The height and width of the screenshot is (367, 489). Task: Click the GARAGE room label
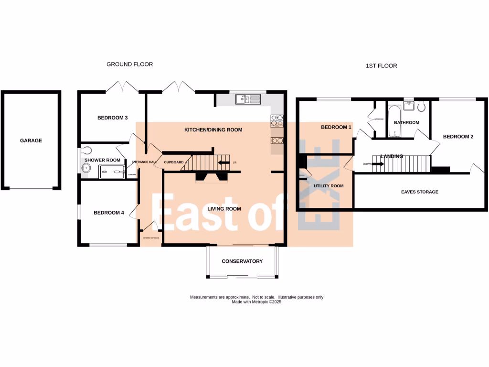[31, 140]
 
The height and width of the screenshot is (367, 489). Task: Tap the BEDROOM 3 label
[112, 118]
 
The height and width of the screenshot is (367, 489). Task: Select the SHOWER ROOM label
[102, 160]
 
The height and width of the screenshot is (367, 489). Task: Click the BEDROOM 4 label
[108, 213]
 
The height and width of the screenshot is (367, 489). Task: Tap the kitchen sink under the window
[248, 99]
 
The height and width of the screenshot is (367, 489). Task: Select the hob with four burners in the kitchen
[277, 120]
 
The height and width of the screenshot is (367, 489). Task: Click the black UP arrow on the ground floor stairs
[223, 162]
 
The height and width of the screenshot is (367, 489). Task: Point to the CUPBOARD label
[174, 162]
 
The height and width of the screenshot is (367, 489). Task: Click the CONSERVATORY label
[242, 261]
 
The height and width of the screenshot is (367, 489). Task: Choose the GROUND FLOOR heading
[129, 64]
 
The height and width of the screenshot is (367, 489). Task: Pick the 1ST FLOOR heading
[378, 65]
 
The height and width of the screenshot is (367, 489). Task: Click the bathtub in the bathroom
[394, 122]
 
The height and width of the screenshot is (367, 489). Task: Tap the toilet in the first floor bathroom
[420, 106]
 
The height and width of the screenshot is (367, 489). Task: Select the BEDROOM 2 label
[458, 137]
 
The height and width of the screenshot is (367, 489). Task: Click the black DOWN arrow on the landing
[377, 164]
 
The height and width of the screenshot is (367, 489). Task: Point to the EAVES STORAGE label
[420, 192]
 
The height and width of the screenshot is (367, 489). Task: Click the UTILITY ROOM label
[328, 186]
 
